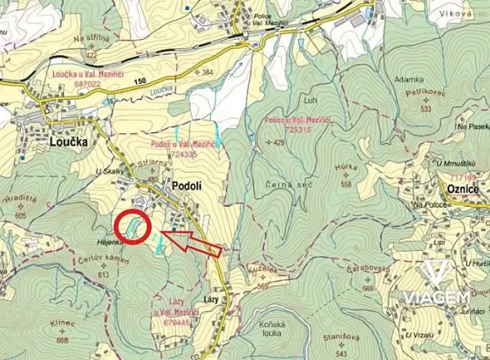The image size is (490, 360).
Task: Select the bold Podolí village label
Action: point(187,185)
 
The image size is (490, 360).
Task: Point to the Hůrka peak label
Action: point(348,167)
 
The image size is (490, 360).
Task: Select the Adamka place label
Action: point(408,79)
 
